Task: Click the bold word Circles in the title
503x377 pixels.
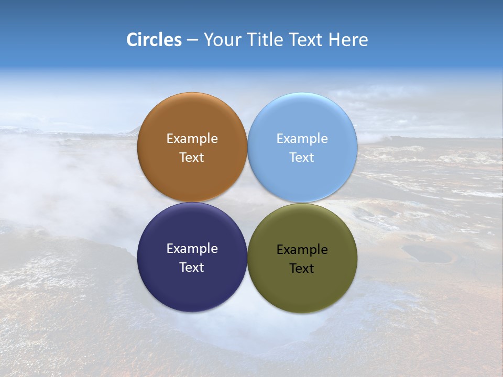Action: point(154,40)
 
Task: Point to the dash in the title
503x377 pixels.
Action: point(192,40)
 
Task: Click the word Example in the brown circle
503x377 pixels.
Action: point(192,139)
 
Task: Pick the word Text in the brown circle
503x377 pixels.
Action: point(192,158)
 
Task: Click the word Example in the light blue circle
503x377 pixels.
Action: point(302,139)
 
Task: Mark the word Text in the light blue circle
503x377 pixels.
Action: point(302,158)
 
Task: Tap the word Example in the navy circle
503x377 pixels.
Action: point(192,249)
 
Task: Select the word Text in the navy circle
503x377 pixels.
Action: point(192,268)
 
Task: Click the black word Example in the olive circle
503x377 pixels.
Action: point(302,250)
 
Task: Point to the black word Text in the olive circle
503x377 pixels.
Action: point(302,269)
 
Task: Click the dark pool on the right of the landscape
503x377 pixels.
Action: point(427,255)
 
